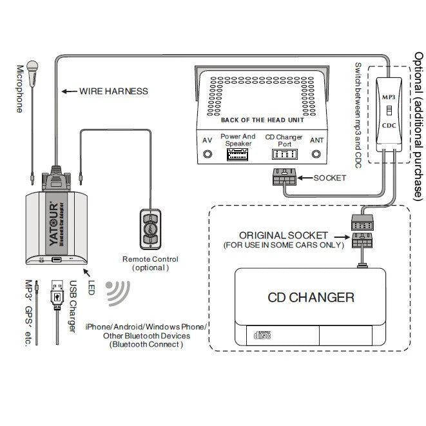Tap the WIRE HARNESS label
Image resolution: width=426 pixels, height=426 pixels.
coord(113,91)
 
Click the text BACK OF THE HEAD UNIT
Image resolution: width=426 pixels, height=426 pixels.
coord(262,120)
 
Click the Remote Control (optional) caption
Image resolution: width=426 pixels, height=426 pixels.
coord(150,263)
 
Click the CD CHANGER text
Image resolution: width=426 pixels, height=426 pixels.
coord(311,297)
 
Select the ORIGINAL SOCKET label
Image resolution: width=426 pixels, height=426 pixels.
coord(284,236)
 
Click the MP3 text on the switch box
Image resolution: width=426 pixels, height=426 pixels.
coord(389,97)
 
